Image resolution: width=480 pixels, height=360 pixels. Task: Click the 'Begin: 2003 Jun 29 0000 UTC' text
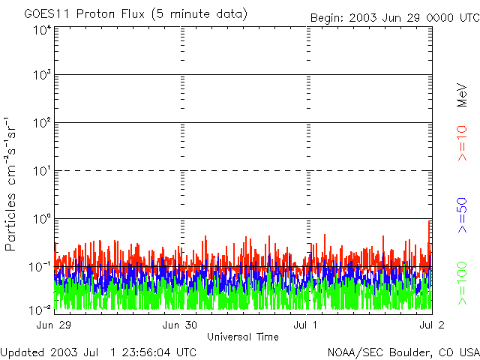[x=394, y=18]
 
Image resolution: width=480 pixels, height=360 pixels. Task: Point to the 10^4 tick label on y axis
[x=42, y=30]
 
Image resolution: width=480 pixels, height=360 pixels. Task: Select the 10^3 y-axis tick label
[x=42, y=76]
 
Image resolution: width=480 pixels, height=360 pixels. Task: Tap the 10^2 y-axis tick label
[x=42, y=124]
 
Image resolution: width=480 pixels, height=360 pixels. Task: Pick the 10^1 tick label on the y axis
[x=42, y=172]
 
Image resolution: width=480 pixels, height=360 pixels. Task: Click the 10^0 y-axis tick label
[x=42, y=220]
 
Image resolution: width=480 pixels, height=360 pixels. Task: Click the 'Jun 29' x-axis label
[x=53, y=325]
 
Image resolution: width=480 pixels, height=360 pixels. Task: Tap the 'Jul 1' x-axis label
[x=307, y=325]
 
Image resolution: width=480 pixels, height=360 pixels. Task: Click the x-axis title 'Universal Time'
[x=242, y=337]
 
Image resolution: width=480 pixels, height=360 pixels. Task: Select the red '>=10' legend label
[x=462, y=145]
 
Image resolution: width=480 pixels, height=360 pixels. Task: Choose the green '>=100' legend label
[x=462, y=282]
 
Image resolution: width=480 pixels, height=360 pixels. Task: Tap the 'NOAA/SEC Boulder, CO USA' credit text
[x=403, y=352]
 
